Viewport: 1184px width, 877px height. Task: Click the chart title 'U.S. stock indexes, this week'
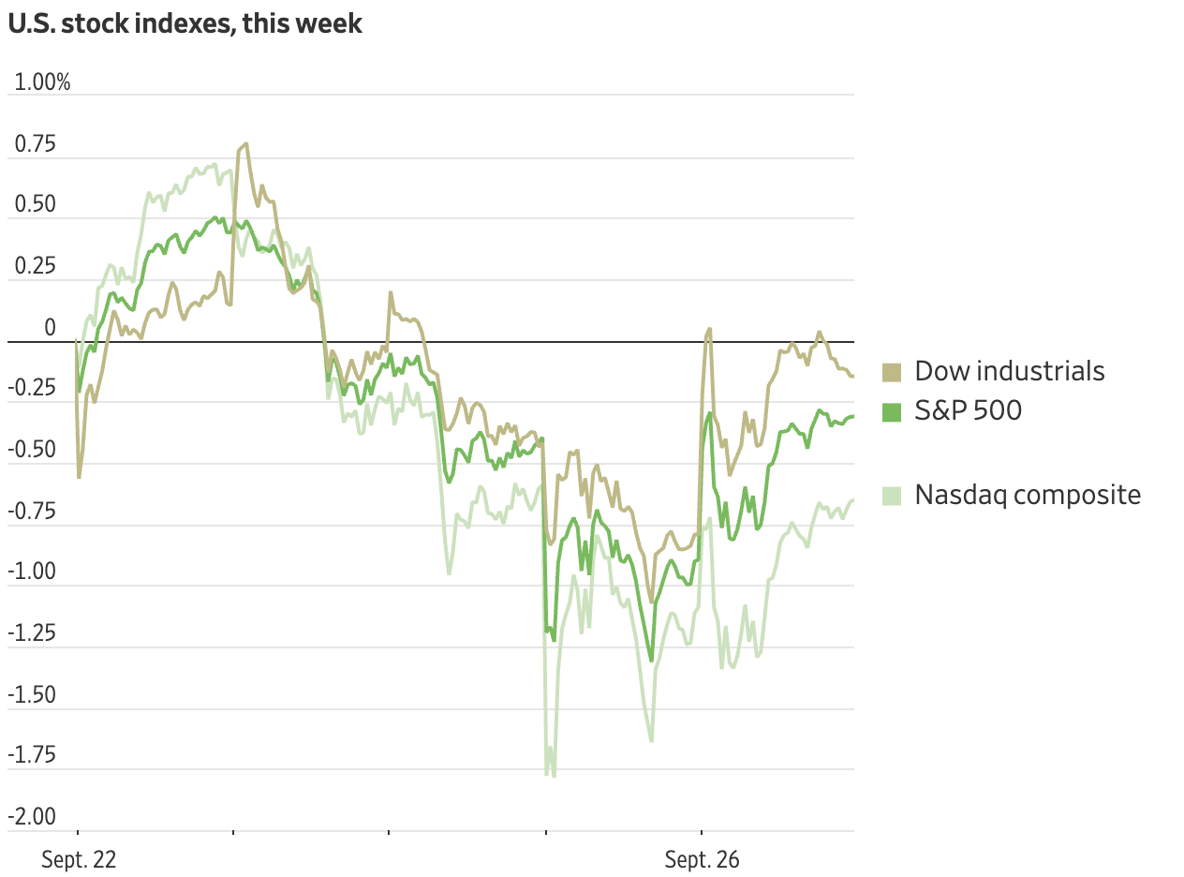(x=185, y=23)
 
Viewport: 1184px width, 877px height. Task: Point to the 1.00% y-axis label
(x=42, y=82)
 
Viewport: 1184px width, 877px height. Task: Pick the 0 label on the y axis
(x=51, y=328)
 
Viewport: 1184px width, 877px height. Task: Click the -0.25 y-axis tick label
(x=31, y=389)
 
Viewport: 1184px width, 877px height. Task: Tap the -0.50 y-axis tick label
(x=31, y=451)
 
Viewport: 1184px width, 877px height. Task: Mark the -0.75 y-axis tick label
(x=31, y=512)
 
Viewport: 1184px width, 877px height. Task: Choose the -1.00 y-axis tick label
(x=31, y=572)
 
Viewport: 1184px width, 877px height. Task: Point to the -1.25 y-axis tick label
(x=31, y=634)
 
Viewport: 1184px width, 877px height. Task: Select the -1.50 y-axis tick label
(x=31, y=695)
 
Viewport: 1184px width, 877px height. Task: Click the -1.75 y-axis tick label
(x=31, y=756)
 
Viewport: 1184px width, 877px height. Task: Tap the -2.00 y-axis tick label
(x=31, y=817)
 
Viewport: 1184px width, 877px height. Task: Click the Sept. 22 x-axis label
(x=79, y=860)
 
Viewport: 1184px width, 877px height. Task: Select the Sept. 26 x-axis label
(x=702, y=860)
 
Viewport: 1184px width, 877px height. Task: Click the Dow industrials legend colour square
(x=892, y=372)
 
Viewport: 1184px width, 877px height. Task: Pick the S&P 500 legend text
(x=968, y=410)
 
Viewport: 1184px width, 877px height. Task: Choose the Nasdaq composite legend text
(x=1028, y=495)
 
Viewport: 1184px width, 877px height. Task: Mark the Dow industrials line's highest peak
(x=245, y=143)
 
